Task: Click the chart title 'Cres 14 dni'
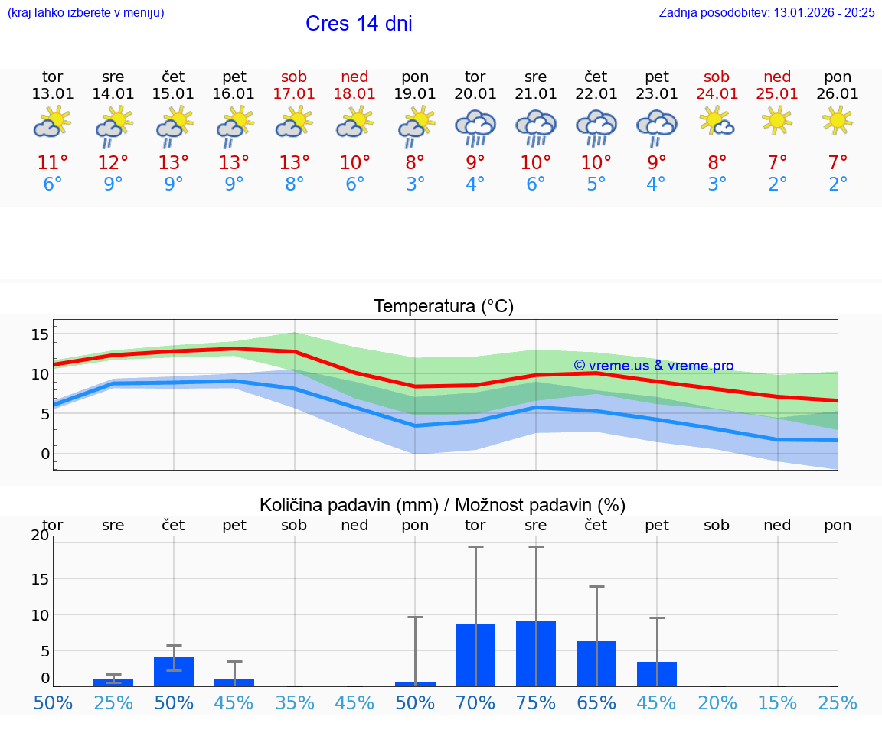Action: pos(358,24)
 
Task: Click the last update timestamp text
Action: pos(766,13)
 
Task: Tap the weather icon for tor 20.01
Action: pos(475,127)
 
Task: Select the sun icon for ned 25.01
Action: pos(777,120)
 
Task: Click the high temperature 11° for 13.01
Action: pos(53,163)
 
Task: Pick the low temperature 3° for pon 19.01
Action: pos(415,184)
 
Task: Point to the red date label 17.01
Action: pos(294,94)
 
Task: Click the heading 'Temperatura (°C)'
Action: pos(443,307)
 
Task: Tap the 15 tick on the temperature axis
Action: pos(40,334)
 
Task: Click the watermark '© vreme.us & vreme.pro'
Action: pos(653,366)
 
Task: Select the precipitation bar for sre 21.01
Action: pos(536,653)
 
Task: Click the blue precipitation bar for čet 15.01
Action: pos(174,672)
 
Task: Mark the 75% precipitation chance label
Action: pos(536,702)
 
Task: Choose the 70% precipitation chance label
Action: pos(475,702)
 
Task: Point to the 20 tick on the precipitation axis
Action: pos(40,536)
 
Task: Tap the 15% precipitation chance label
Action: pos(777,702)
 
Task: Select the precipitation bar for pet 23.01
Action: pos(657,673)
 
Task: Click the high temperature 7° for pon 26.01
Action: pos(838,163)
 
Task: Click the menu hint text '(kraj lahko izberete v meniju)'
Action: pos(86,13)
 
